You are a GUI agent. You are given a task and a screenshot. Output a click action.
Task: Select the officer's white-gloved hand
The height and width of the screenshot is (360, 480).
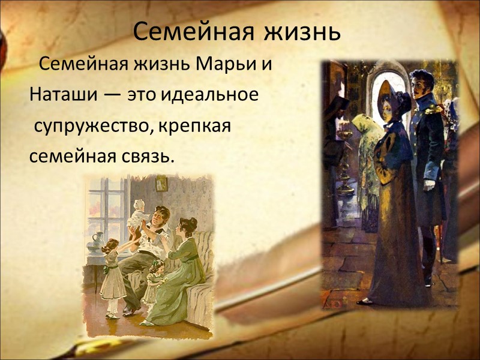tap(430, 184)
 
